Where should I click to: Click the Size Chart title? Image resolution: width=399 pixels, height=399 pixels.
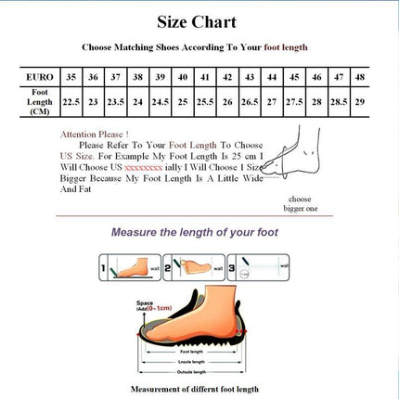click(x=199, y=21)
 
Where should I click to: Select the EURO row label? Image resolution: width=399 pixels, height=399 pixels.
click(x=39, y=77)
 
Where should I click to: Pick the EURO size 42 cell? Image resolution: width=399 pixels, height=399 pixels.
click(x=228, y=77)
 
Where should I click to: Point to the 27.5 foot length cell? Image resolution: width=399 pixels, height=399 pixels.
click(x=295, y=101)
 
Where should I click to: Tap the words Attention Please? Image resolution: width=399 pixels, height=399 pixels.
click(x=95, y=134)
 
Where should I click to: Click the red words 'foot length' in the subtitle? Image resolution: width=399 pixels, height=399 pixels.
click(x=286, y=47)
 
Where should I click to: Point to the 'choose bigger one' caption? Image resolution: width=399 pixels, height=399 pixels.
click(x=300, y=204)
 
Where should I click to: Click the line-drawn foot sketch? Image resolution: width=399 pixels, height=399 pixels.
click(x=294, y=158)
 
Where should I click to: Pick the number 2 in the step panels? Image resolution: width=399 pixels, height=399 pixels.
click(x=168, y=270)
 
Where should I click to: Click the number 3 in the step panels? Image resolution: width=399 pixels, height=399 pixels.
click(x=232, y=270)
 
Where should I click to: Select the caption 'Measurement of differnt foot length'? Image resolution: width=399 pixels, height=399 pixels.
click(x=194, y=389)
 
